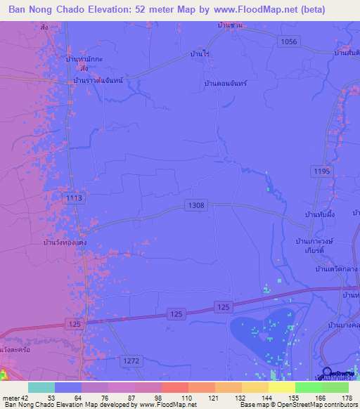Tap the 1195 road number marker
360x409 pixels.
321,171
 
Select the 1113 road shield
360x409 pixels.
73,199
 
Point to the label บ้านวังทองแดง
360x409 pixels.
65,242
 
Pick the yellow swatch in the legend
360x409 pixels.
281,387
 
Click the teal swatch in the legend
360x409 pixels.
41,387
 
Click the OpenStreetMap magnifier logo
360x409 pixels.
328,372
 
